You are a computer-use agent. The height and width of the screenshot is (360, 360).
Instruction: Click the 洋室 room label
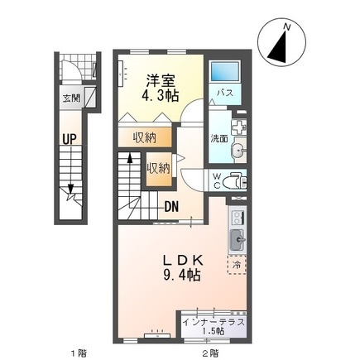(160, 81)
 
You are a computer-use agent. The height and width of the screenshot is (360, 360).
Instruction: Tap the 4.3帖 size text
(160, 96)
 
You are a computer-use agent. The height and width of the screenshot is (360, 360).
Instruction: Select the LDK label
(183, 260)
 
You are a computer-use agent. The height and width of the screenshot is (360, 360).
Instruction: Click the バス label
(224, 93)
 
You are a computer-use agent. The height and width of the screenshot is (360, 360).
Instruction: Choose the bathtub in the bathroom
(224, 71)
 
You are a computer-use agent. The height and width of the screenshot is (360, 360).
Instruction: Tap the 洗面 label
(219, 139)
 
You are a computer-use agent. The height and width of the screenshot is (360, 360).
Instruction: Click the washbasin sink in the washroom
(238, 151)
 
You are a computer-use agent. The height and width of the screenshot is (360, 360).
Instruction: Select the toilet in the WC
(235, 181)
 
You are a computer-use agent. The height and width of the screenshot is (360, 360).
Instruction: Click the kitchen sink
(238, 239)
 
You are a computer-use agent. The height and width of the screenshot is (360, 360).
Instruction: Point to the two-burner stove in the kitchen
(238, 218)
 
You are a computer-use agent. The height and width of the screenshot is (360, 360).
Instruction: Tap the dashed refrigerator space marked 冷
(237, 265)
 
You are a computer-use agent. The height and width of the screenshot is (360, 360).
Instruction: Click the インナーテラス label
(214, 322)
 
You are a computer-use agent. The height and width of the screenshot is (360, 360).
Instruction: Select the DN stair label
(171, 206)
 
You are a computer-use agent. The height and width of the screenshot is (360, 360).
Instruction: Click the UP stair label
(69, 139)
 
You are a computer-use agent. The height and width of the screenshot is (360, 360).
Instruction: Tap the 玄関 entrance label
(71, 98)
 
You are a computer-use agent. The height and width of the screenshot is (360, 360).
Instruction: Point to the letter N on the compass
(287, 27)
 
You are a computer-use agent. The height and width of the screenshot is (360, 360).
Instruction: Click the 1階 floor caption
(79, 353)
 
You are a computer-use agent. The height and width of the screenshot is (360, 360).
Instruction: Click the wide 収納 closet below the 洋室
(146, 137)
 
